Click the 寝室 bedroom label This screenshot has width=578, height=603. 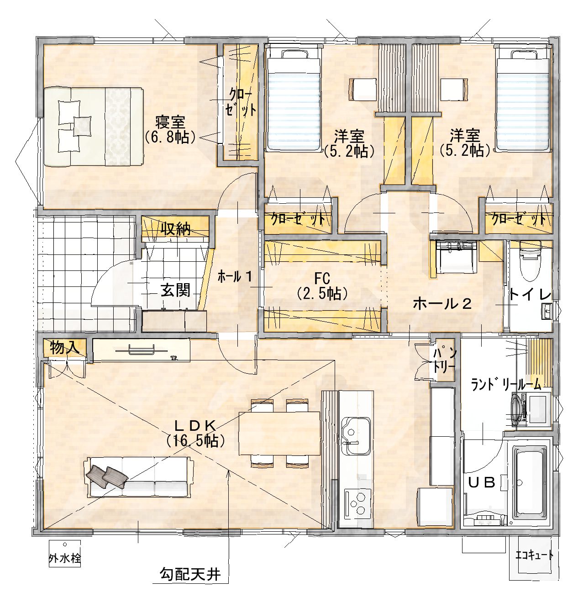coord(170,122)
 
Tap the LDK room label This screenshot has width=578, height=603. coord(194,427)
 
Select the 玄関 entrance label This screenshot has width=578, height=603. coord(175,291)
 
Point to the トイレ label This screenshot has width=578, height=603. coord(531,294)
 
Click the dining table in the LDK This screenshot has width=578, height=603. coord(279,433)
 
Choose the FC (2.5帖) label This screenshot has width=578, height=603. coord(322,286)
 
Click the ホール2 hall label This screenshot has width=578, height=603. coord(442,304)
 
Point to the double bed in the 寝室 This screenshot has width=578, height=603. coord(94,127)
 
